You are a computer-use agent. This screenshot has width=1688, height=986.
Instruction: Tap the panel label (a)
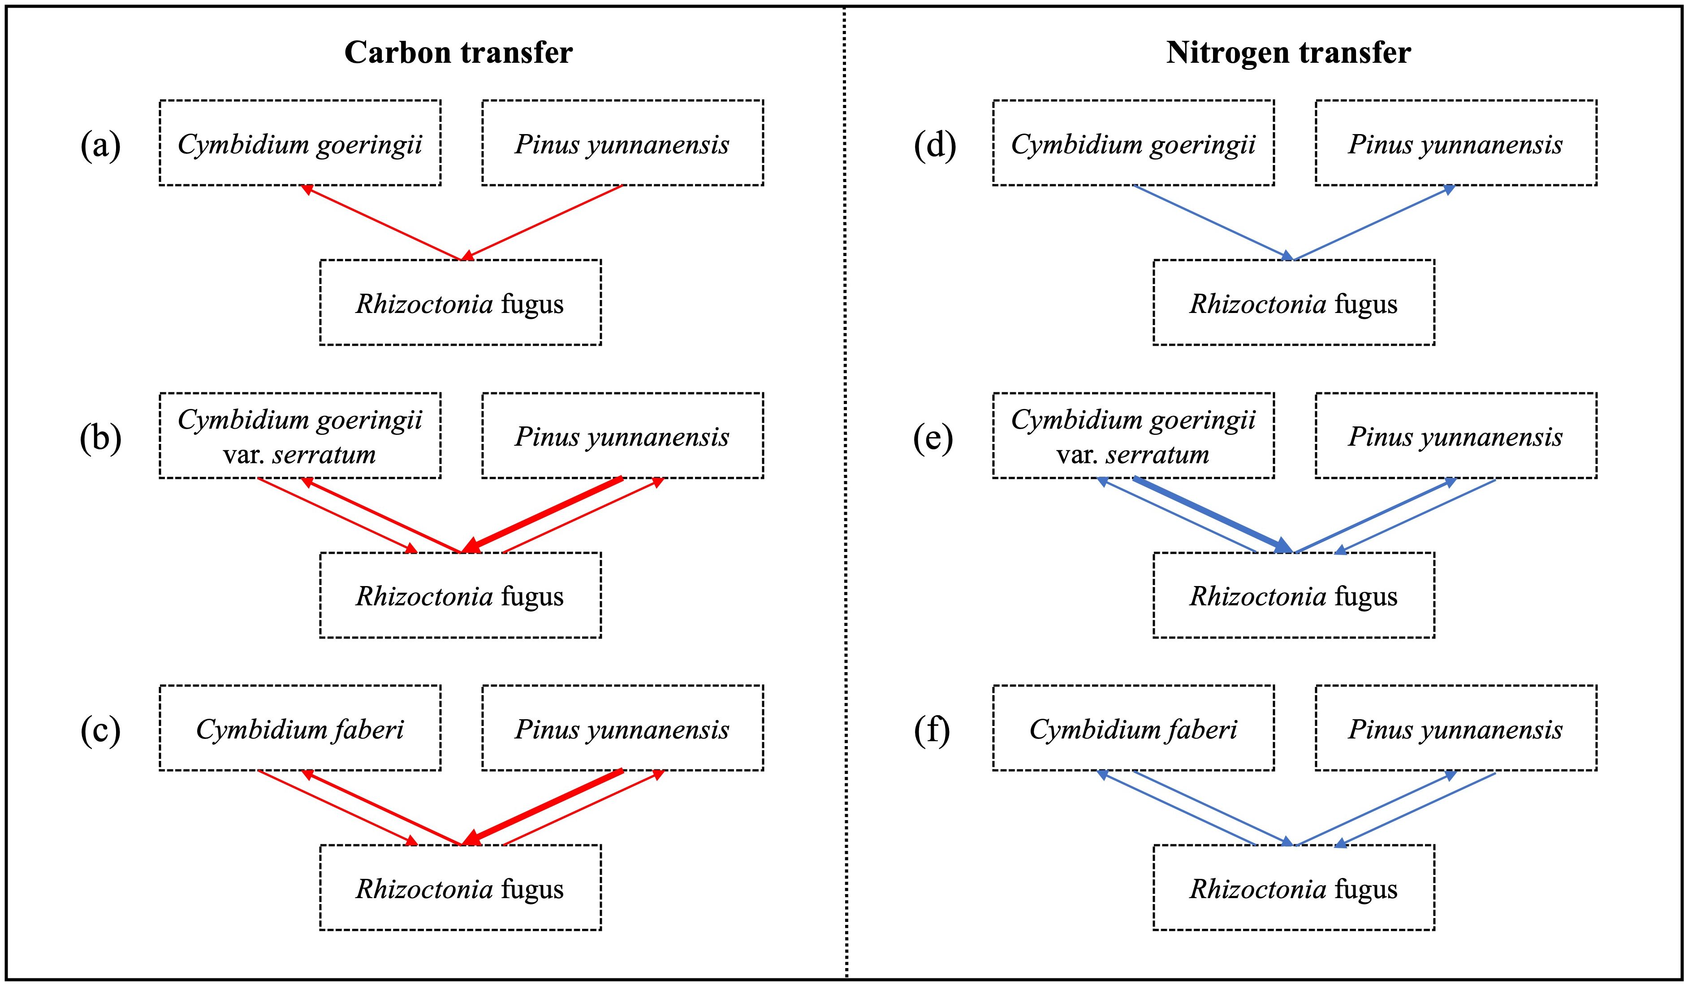pyautogui.click(x=100, y=145)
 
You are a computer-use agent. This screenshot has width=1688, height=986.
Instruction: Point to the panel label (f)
pyautogui.click(x=932, y=730)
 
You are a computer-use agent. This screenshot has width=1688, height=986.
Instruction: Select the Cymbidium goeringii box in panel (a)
pyautogui.click(x=300, y=143)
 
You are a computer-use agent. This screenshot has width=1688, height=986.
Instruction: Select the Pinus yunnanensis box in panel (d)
pyautogui.click(x=1455, y=143)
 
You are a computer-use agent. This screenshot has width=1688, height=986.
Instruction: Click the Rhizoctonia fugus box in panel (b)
pyautogui.click(x=460, y=595)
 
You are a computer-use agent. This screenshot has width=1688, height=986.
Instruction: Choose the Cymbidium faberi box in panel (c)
pyautogui.click(x=300, y=729)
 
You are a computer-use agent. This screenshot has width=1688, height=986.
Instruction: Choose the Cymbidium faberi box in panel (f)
pyautogui.click(x=1133, y=729)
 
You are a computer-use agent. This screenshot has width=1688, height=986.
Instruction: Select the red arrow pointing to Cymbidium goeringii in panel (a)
pyautogui.click(x=382, y=222)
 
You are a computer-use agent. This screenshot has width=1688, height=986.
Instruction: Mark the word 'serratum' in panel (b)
pyautogui.click(x=324, y=455)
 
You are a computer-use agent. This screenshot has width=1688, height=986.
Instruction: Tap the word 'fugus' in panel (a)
pyautogui.click(x=532, y=304)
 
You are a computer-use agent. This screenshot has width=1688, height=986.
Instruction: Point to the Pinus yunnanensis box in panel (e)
pyautogui.click(x=1455, y=436)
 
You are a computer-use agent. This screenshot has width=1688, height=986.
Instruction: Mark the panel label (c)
pyautogui.click(x=100, y=730)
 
